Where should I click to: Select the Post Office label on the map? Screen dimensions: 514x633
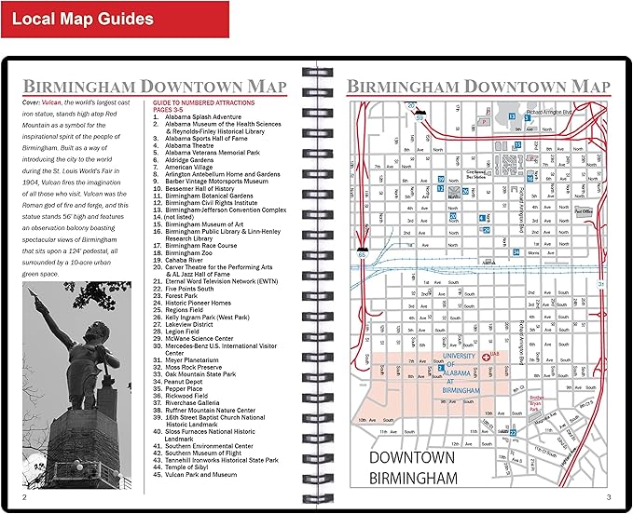(x=585, y=211)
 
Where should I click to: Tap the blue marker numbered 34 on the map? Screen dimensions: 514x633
(x=516, y=251)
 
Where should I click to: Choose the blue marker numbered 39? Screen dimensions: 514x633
(x=441, y=179)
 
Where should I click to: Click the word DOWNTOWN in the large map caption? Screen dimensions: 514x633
(x=411, y=458)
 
